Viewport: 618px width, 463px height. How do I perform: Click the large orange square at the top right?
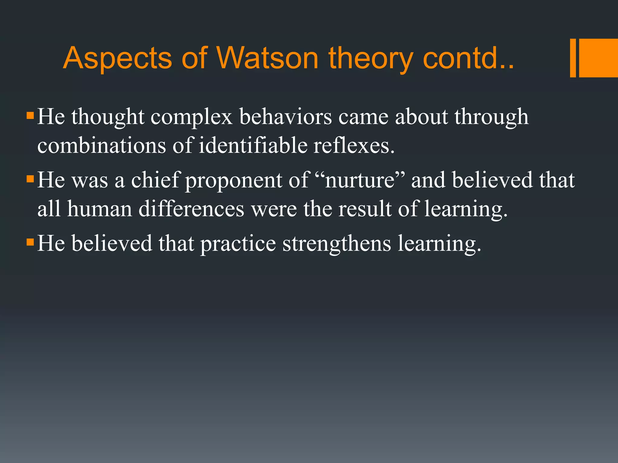tap(598, 58)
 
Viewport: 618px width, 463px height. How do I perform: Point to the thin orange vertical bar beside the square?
tap(573, 58)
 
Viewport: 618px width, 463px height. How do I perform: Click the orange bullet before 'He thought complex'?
tap(30, 116)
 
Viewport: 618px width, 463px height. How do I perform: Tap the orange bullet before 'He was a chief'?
tap(30, 179)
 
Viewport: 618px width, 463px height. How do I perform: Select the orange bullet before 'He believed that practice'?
tap(30, 242)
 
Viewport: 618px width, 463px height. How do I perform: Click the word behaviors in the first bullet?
tap(285, 117)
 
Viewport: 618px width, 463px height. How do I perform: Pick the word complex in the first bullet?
tap(191, 117)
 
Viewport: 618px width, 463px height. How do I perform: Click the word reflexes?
tap(354, 146)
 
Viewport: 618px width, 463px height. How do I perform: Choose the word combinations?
tap(101, 146)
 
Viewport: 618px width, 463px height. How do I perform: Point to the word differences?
tap(191, 209)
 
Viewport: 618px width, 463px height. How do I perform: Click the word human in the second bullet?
tap(100, 209)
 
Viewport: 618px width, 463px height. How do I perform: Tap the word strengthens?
tap(336, 243)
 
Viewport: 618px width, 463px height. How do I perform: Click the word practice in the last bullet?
tap(238, 243)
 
